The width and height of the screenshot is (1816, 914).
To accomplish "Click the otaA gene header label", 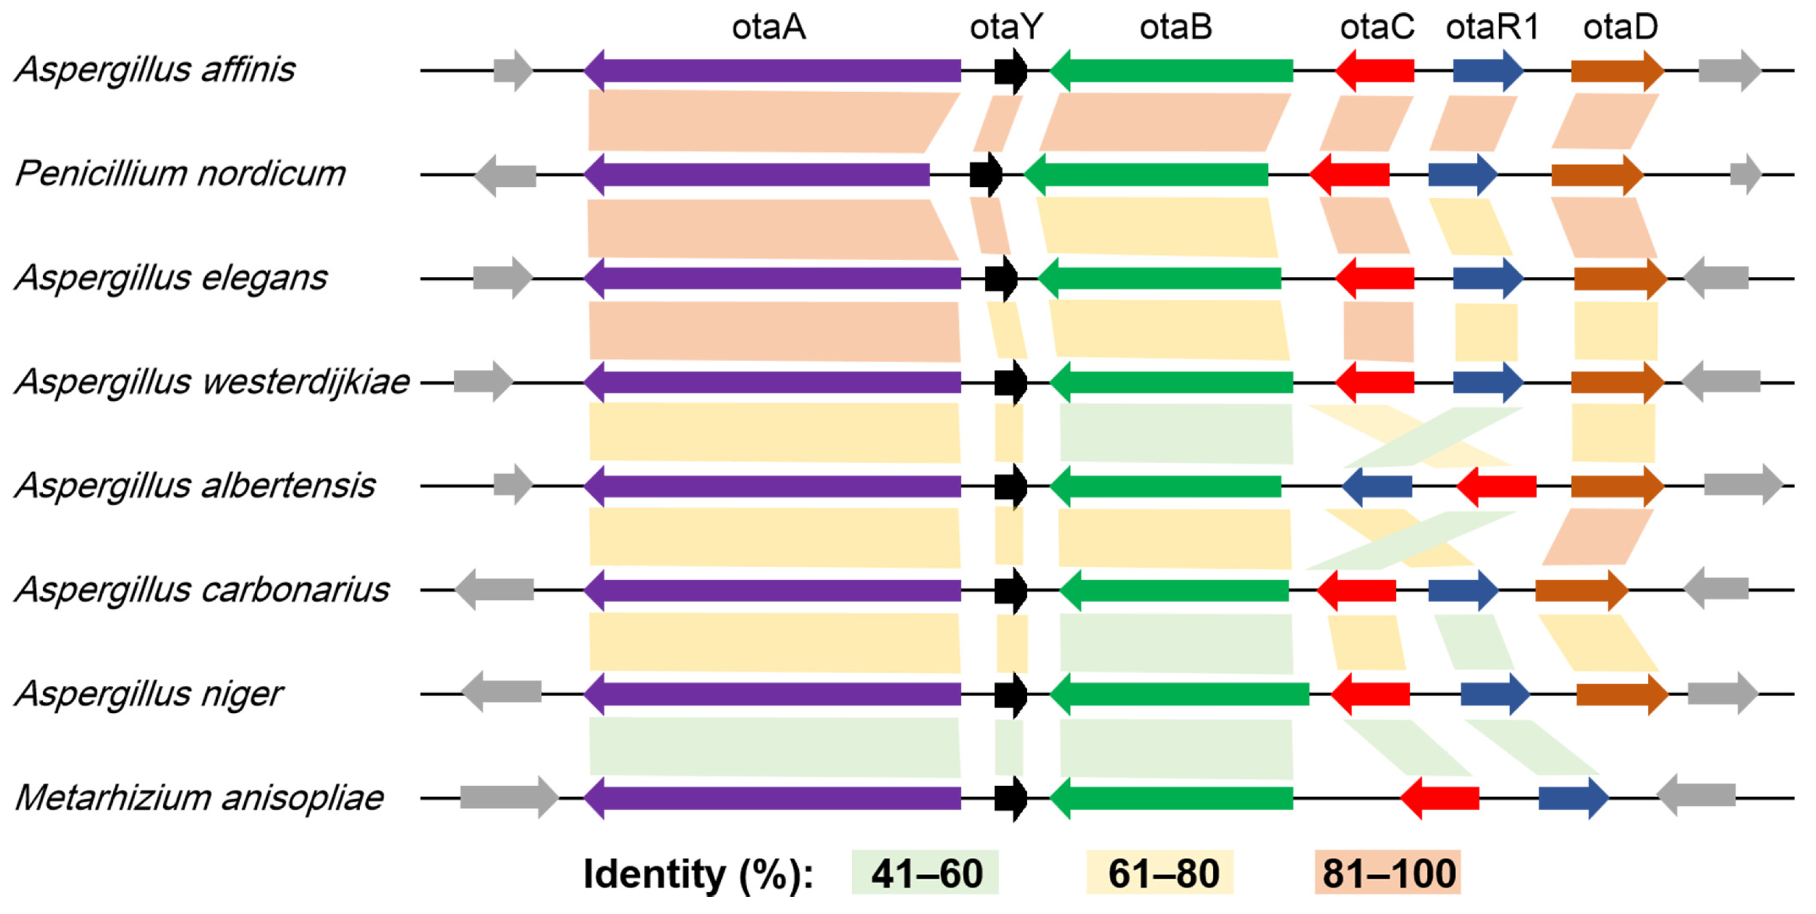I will pyautogui.click(x=769, y=28).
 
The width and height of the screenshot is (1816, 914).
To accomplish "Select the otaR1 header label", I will pyautogui.click(x=1492, y=28).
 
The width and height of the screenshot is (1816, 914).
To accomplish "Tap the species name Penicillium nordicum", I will pyautogui.click(x=180, y=173).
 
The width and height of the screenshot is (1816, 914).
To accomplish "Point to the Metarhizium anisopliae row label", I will pyautogui.click(x=199, y=798).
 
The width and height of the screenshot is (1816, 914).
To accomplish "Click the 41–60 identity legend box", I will pyautogui.click(x=925, y=872).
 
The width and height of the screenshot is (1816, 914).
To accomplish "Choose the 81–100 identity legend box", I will pyautogui.click(x=1388, y=872).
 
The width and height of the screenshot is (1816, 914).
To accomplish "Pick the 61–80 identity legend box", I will pyautogui.click(x=1160, y=872).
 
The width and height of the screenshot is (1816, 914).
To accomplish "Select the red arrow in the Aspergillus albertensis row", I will pyautogui.click(x=1496, y=486).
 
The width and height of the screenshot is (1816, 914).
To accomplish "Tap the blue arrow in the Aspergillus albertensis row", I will pyautogui.click(x=1377, y=486).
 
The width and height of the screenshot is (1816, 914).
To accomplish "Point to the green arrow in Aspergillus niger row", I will pyautogui.click(x=1179, y=694).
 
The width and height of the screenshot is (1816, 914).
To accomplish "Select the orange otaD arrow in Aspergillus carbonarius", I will pyautogui.click(x=1581, y=590).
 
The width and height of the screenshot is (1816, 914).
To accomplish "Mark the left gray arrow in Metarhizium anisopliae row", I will pyautogui.click(x=508, y=798).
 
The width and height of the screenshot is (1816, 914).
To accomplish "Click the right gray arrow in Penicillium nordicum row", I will pyautogui.click(x=1745, y=174).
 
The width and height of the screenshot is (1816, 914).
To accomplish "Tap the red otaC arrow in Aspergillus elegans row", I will pyautogui.click(x=1375, y=279).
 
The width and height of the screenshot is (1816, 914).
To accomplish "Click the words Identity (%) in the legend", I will pyautogui.click(x=698, y=874).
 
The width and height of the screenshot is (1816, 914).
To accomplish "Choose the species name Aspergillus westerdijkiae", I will pyautogui.click(x=212, y=382).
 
